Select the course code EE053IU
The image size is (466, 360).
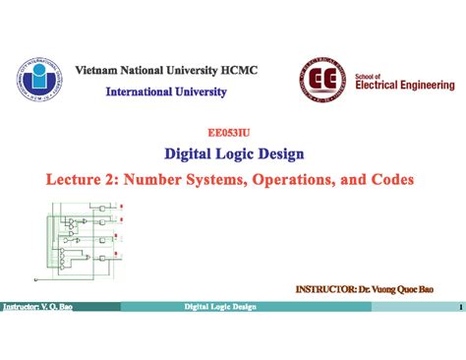[x=232, y=130]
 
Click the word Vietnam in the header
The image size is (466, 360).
[x=100, y=72]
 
